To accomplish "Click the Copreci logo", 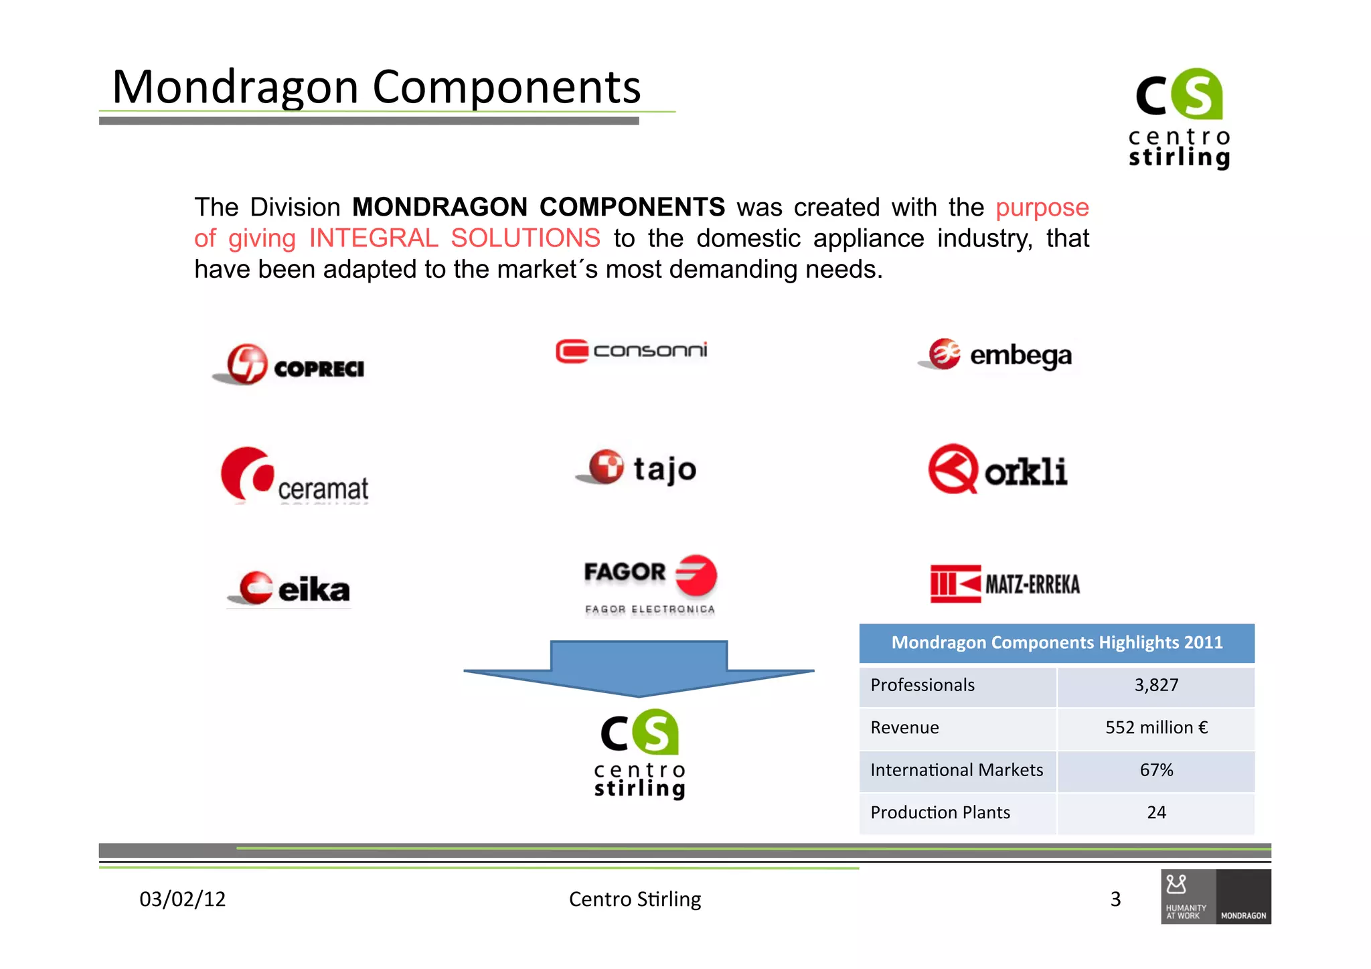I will (x=289, y=365).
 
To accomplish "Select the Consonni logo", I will (x=631, y=351).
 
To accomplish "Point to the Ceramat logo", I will (x=295, y=476).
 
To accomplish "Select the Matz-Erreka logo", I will (x=1005, y=584).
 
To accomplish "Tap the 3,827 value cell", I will (x=1155, y=685).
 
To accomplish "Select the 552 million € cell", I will (x=1155, y=728).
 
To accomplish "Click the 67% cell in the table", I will (x=1155, y=770).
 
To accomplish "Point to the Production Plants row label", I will (x=940, y=812).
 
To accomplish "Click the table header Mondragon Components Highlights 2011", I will (x=1056, y=643).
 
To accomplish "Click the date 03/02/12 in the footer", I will (x=182, y=899).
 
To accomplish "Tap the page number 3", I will (x=1115, y=899).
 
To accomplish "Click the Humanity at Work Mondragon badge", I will (x=1216, y=897).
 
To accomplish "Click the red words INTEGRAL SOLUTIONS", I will (x=455, y=238).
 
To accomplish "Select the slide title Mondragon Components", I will (x=376, y=87).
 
